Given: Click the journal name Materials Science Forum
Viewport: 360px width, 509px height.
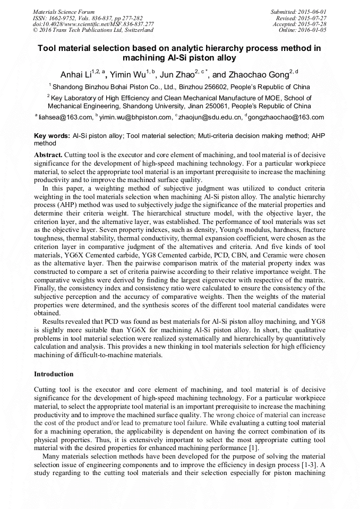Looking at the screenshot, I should click(x=64, y=11).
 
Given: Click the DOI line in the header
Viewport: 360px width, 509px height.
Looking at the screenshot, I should click(x=93, y=24).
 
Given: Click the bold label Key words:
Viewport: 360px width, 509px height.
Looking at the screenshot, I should click(x=52, y=136).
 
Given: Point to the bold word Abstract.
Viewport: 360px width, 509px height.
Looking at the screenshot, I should click(x=47, y=154).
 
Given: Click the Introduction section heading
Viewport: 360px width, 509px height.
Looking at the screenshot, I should click(x=54, y=374).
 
